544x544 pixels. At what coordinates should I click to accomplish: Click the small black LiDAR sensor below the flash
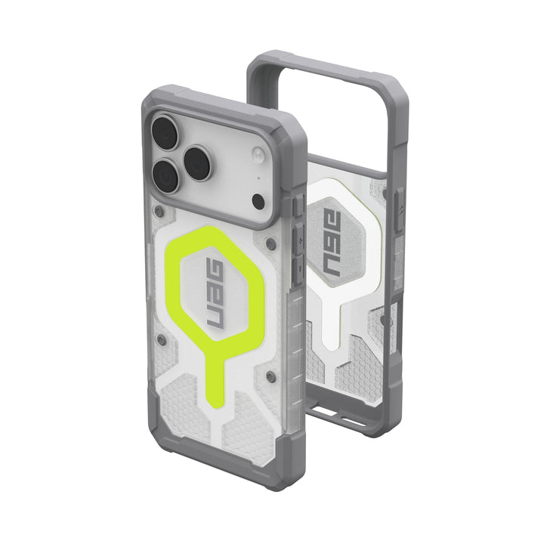(257, 201)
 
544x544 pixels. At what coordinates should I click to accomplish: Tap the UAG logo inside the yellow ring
(215, 295)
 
